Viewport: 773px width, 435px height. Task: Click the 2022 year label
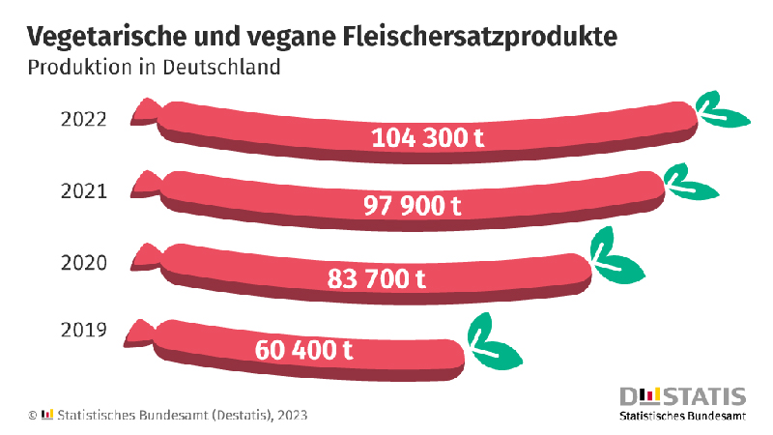click(x=82, y=120)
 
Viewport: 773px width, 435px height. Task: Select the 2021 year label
click(x=82, y=190)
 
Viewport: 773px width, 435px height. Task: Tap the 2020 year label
click(x=82, y=263)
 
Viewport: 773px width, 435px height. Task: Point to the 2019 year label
click(x=82, y=333)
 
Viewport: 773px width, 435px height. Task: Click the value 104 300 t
click(x=428, y=137)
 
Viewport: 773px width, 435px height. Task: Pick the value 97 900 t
click(x=413, y=207)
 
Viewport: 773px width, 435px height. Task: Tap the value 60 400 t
click(x=304, y=349)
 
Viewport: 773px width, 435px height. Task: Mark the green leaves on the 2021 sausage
click(x=689, y=181)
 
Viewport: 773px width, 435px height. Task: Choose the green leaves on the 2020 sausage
click(x=616, y=255)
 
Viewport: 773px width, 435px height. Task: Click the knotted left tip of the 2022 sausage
click(x=145, y=109)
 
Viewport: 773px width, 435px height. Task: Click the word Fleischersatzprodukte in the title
click(x=480, y=37)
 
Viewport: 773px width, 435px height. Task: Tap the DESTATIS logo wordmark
click(x=683, y=396)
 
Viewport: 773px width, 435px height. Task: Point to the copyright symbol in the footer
click(x=32, y=415)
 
